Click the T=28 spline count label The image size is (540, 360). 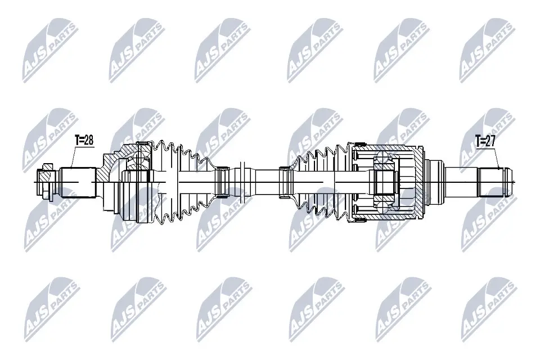(x=84, y=141)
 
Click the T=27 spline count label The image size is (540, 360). (x=484, y=142)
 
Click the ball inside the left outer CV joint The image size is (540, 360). (x=134, y=164)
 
